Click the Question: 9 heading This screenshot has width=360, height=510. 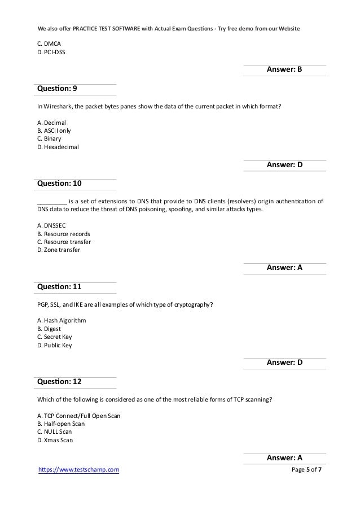click(57, 89)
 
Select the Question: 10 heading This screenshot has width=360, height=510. click(59, 184)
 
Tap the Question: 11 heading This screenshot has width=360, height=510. click(59, 287)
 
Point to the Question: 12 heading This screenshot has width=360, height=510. click(59, 382)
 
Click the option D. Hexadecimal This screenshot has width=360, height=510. click(58, 147)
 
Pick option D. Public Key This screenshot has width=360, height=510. click(54, 346)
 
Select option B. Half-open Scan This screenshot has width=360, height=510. click(61, 423)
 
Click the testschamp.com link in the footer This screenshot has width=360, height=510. click(78, 469)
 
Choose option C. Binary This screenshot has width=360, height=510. click(49, 139)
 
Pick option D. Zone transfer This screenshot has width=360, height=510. click(59, 250)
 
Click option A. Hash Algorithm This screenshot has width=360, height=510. click(62, 320)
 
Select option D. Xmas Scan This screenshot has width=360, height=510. click(55, 440)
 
